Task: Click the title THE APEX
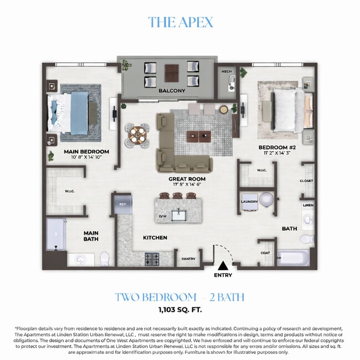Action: click(180, 22)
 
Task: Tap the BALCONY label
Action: click(171, 90)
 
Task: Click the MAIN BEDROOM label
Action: click(86, 151)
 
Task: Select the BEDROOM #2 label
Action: click(277, 147)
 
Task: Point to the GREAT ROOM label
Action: click(187, 179)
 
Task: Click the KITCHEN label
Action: click(155, 238)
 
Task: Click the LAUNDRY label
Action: click(249, 202)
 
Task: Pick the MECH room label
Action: click(226, 71)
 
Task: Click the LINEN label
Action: click(308, 205)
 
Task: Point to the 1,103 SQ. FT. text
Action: click(179, 310)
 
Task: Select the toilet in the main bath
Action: click(104, 258)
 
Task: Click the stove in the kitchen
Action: click(152, 259)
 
